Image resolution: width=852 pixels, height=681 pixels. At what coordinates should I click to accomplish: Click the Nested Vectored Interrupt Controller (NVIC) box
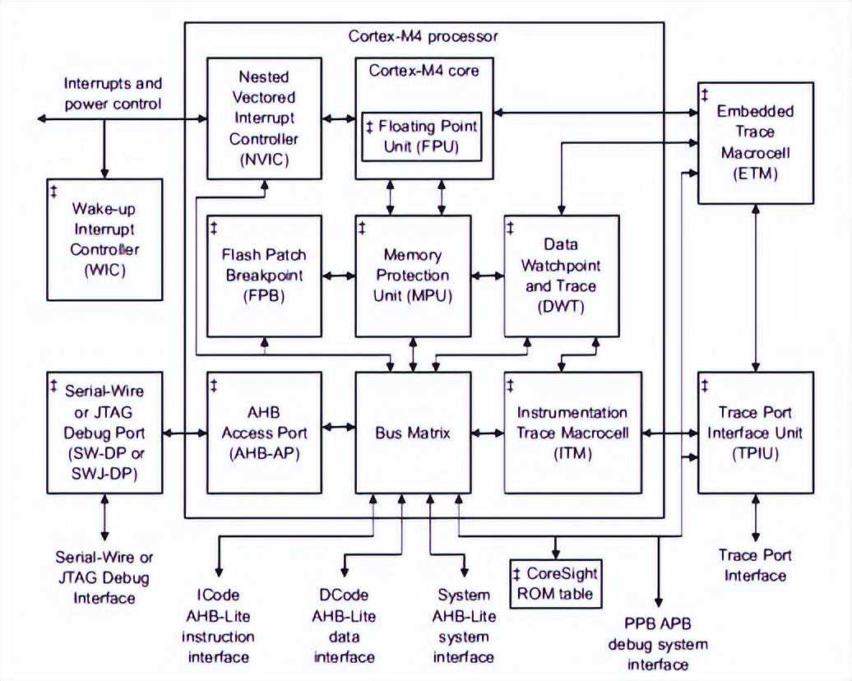click(x=264, y=118)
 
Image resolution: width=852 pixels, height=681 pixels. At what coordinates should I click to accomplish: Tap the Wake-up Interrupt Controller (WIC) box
click(x=104, y=239)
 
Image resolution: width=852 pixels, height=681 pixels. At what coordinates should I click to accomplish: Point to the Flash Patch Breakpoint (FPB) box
click(x=264, y=276)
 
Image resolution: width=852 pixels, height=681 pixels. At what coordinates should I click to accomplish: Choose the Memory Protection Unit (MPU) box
click(x=413, y=276)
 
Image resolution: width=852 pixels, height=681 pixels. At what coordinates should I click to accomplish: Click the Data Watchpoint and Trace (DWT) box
click(x=561, y=276)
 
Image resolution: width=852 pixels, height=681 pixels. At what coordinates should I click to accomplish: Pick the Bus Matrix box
click(x=413, y=432)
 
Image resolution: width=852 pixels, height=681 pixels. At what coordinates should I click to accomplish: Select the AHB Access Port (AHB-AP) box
click(x=264, y=432)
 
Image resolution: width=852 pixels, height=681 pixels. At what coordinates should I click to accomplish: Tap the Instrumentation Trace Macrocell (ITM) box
click(x=572, y=432)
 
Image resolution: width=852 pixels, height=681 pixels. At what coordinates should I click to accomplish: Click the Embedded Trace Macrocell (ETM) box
click(x=755, y=142)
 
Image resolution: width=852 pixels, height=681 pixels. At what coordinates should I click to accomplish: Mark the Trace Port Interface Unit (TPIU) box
click(x=755, y=432)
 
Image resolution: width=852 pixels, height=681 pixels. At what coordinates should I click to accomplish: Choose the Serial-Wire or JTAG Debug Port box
click(x=104, y=432)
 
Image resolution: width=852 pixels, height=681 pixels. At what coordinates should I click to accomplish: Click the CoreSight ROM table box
click(x=555, y=583)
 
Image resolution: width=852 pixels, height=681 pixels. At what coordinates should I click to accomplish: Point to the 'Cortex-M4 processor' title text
click(x=423, y=37)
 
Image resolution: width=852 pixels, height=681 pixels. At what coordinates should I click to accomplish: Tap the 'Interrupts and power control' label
click(x=113, y=94)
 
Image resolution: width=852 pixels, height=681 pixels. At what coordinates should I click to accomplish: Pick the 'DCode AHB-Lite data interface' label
click(x=345, y=625)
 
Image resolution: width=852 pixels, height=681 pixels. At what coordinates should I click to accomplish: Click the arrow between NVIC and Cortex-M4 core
click(x=338, y=119)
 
